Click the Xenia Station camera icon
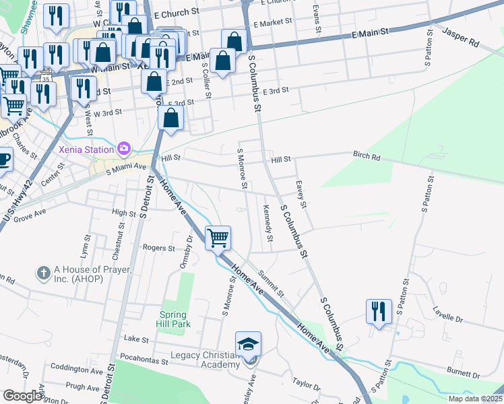(x=123, y=147)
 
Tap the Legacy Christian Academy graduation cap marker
(x=248, y=344)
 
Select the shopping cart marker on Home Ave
(x=218, y=238)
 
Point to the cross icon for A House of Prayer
(x=44, y=273)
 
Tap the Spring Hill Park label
(x=175, y=318)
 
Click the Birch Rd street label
(x=367, y=156)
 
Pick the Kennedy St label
(x=267, y=223)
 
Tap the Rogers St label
(x=159, y=248)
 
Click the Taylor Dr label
(x=306, y=384)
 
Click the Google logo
(x=22, y=395)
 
